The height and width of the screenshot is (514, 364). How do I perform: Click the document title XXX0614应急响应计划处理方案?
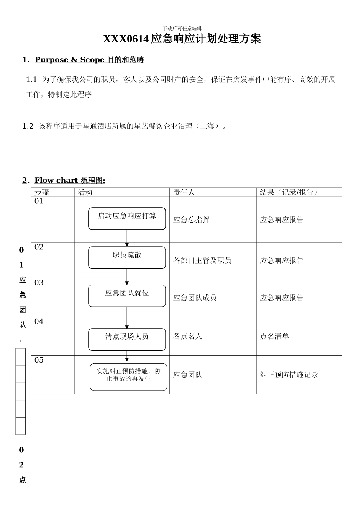(x=182, y=39)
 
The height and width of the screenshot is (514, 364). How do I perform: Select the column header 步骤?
(x=42, y=192)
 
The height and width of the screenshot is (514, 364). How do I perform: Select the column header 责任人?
(x=184, y=192)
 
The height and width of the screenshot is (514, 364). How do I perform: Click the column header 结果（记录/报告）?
(x=289, y=192)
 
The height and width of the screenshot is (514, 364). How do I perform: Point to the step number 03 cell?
(x=39, y=283)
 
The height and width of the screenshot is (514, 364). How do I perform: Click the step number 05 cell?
(x=39, y=360)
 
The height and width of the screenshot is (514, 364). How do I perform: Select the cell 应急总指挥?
(x=191, y=220)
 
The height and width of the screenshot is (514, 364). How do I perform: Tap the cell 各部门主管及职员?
(x=202, y=261)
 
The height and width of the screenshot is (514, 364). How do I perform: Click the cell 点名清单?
(x=274, y=337)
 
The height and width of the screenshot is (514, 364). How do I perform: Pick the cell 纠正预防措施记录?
(x=289, y=375)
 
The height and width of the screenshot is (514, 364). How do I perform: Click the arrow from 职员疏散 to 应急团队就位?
(x=127, y=277)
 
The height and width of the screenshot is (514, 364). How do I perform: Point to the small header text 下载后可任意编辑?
(x=182, y=28)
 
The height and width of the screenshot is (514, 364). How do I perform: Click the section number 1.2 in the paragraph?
(x=28, y=126)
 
